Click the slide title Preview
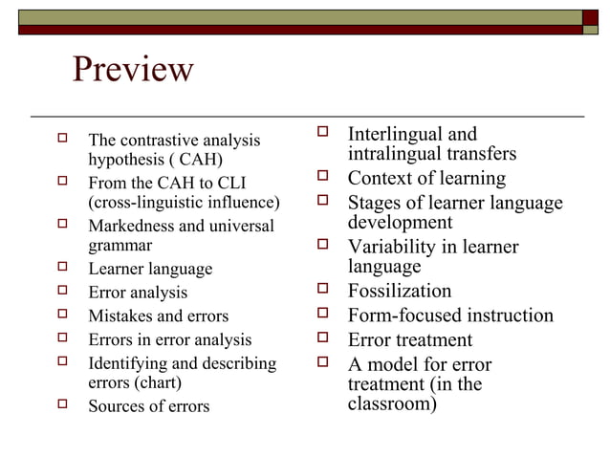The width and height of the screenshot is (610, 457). pos(133,69)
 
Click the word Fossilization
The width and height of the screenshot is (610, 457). pos(399,291)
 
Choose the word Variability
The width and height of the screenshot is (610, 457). pos(391,247)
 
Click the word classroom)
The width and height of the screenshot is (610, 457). pos(392,403)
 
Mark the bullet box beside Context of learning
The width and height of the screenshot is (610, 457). pos(323,177)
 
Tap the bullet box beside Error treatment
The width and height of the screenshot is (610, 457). pos(323,338)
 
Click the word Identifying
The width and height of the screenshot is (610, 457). pos(125,363)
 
